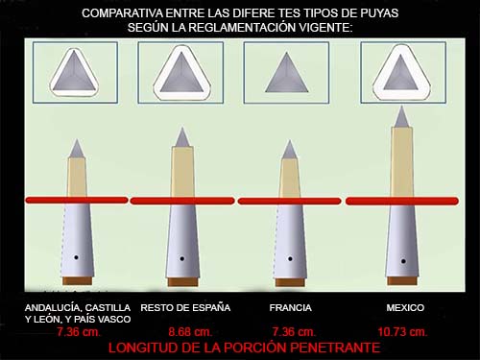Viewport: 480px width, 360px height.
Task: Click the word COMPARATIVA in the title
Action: (x=123, y=13)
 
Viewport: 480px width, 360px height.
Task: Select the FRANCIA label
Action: (x=290, y=307)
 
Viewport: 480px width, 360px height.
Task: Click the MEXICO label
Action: (x=405, y=307)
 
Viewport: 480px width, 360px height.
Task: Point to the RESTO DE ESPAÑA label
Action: (x=185, y=307)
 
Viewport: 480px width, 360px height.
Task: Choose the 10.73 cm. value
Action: (x=402, y=331)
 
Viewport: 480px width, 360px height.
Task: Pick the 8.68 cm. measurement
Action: (x=190, y=331)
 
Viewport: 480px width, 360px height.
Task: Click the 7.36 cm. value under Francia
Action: (x=294, y=331)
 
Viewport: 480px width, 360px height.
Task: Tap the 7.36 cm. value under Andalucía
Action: (x=79, y=331)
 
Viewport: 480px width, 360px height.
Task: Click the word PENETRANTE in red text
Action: (x=330, y=348)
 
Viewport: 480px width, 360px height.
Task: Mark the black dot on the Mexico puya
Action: (x=403, y=261)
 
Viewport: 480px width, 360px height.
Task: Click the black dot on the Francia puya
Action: (x=290, y=258)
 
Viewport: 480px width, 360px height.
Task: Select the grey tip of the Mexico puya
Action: (x=401, y=117)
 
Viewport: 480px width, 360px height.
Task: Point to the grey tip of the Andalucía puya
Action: (x=77, y=149)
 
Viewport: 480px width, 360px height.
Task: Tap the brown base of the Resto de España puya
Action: (x=182, y=282)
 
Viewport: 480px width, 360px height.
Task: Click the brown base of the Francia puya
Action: (x=290, y=282)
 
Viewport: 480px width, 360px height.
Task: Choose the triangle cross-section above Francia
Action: (x=286, y=75)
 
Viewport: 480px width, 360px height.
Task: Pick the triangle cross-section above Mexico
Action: (x=401, y=73)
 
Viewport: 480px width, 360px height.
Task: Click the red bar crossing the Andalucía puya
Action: (x=77, y=201)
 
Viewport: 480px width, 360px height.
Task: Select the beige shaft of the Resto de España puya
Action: (x=182, y=171)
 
